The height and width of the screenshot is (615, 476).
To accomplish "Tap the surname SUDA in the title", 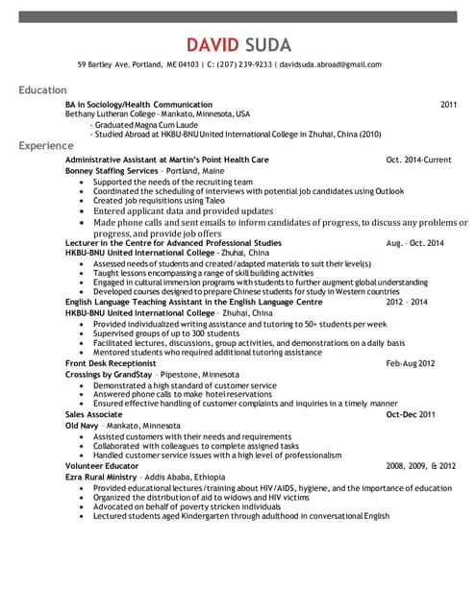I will point(268,45).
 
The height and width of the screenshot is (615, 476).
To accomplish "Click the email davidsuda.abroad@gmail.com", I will point(330,65).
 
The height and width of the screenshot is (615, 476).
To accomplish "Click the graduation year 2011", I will point(448,104).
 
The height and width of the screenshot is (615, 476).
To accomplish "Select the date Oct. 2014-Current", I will point(417,160).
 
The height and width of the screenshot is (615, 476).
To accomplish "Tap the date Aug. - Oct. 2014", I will point(414,243).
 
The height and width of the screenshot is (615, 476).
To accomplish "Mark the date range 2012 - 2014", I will point(421,302).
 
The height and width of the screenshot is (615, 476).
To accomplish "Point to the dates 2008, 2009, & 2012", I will point(420,465).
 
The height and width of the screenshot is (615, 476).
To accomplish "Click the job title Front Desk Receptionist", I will point(110,364).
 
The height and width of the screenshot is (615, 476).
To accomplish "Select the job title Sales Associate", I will point(93,414).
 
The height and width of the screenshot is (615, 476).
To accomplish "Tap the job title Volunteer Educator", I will point(101,465).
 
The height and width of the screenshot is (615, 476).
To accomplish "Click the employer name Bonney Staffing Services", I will point(111,170).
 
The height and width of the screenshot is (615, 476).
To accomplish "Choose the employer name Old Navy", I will point(81,425).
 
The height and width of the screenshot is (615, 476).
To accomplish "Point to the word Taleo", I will point(195,200).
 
